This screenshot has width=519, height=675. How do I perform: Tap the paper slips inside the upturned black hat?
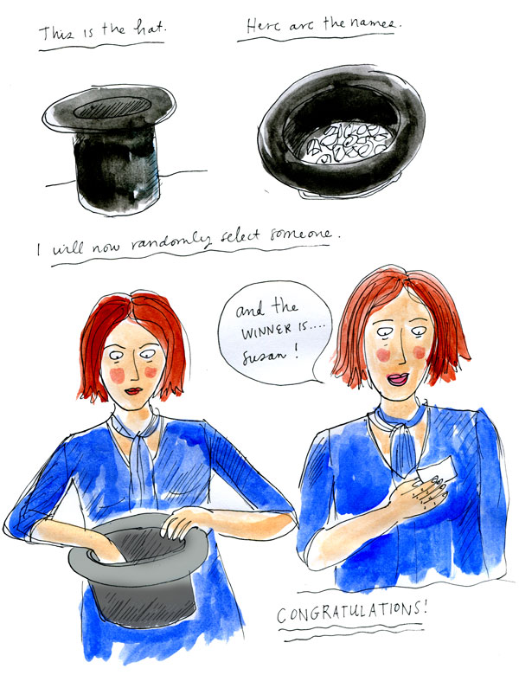point(347,143)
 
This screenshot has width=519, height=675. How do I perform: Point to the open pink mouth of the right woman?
point(398,379)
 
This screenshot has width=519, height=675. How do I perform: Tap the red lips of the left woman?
point(133,391)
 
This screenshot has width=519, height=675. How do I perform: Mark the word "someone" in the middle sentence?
point(302,235)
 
